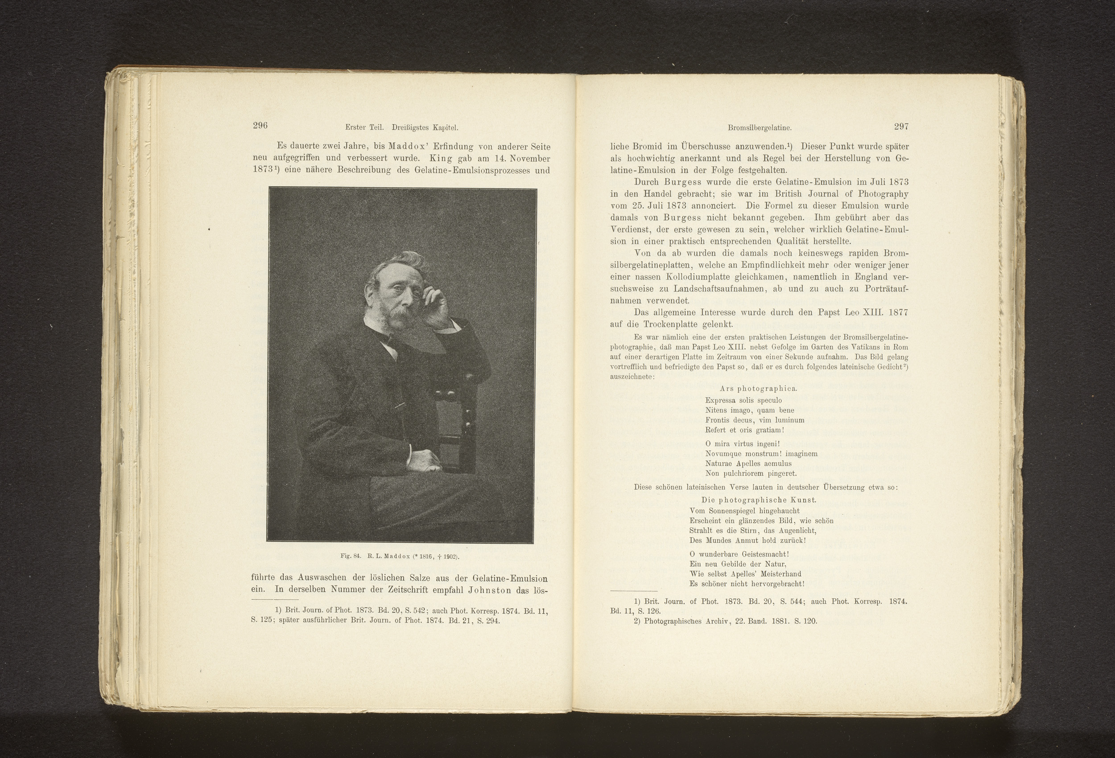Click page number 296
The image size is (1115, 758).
[260, 126]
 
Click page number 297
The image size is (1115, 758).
[900, 127]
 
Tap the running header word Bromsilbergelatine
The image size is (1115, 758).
[759, 128]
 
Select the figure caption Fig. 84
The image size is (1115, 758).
[350, 556]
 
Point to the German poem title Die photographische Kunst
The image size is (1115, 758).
[759, 500]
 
